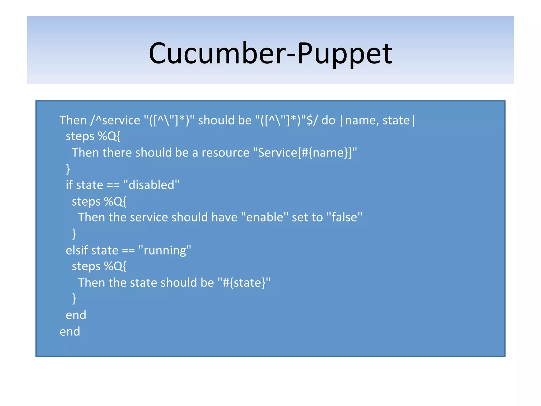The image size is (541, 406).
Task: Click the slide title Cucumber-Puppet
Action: [270, 53]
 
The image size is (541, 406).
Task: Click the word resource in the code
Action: [225, 153]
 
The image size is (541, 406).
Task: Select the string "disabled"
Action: [151, 185]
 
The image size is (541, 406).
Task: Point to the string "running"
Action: [165, 250]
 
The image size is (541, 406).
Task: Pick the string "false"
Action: [344, 218]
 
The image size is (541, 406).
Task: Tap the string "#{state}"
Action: [244, 283]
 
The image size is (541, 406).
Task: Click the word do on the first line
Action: [328, 121]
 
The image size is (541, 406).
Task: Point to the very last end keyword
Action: [70, 331]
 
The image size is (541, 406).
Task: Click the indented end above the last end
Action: [76, 315]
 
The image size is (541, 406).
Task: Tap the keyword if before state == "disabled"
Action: [69, 185]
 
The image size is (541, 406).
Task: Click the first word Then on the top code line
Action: [73, 121]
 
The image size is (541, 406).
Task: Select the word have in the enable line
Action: [224, 218]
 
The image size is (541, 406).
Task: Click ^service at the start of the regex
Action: [118, 121]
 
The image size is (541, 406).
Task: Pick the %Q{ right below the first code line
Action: [109, 136]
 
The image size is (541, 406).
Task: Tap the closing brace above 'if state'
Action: [68, 169]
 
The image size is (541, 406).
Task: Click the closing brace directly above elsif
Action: [74, 234]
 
